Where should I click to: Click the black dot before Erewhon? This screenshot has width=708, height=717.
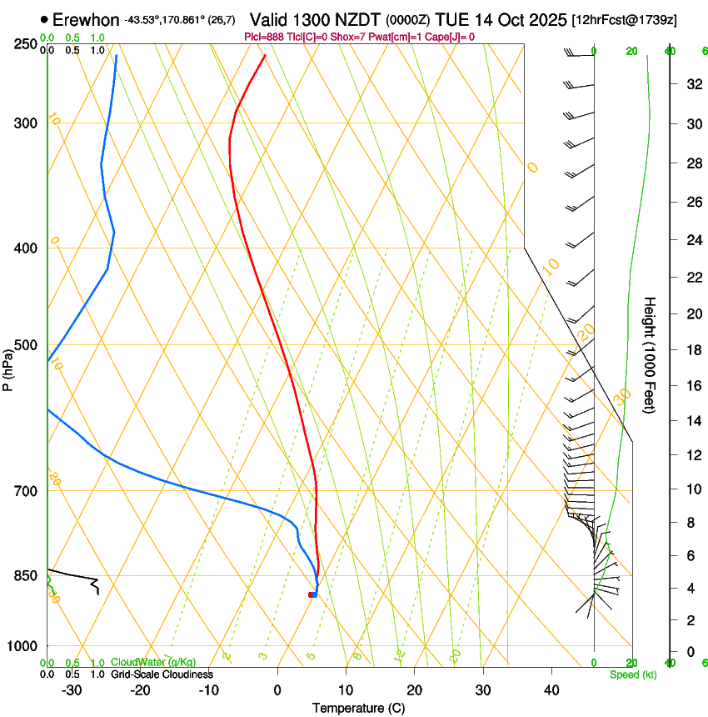(x=44, y=19)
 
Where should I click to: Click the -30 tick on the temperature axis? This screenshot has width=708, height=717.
(x=72, y=689)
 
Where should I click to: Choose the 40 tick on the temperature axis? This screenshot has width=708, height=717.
(x=551, y=689)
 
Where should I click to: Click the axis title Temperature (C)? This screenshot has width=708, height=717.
(x=358, y=708)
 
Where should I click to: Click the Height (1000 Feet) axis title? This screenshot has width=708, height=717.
(x=651, y=355)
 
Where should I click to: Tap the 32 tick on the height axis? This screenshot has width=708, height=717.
(x=692, y=83)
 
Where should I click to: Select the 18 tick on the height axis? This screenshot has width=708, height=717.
(x=692, y=350)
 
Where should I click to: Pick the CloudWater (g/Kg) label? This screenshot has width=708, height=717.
(x=153, y=663)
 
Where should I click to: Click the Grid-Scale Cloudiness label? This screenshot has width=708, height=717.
(x=162, y=674)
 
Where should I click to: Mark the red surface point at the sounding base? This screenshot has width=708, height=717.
(x=311, y=594)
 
